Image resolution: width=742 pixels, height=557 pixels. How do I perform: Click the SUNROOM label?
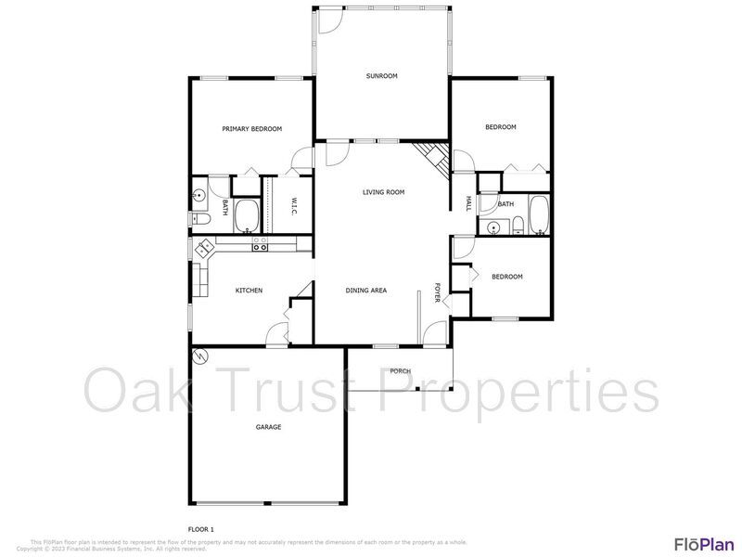click(381, 76)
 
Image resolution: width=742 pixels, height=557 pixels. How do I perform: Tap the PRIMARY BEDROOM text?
click(251, 129)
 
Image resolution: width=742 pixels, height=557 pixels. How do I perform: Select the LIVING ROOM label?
click(383, 192)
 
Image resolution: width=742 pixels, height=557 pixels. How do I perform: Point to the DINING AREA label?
click(366, 291)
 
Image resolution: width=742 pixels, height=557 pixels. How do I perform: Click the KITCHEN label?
click(249, 291)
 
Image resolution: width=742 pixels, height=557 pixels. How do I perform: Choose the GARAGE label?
click(268, 427)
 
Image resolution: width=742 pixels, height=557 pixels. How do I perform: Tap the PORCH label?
click(400, 371)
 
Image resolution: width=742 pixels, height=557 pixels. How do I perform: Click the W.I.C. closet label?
click(293, 206)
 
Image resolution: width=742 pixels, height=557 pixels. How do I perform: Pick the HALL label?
click(468, 203)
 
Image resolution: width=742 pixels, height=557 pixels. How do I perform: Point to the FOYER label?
click(438, 291)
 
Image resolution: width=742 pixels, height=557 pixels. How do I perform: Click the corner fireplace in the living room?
click(431, 157)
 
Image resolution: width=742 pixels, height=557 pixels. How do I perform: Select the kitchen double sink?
click(203, 249)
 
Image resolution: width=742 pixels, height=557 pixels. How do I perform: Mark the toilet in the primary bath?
click(201, 219)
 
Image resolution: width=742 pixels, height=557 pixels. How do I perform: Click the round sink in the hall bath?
click(494, 226)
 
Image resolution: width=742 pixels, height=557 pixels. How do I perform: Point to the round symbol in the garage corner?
click(200, 356)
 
